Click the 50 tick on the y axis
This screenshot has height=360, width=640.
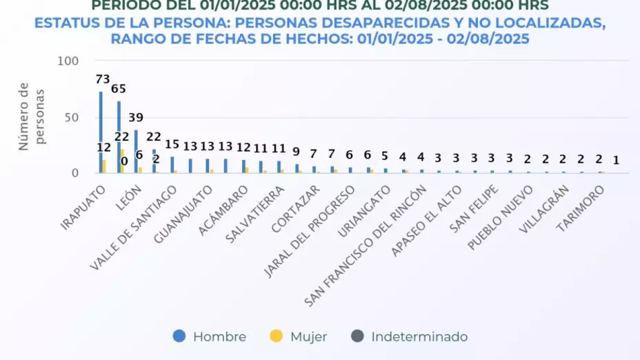click(x=72, y=117)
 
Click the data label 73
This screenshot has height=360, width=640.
click(x=103, y=80)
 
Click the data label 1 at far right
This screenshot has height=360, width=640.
click(x=616, y=160)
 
